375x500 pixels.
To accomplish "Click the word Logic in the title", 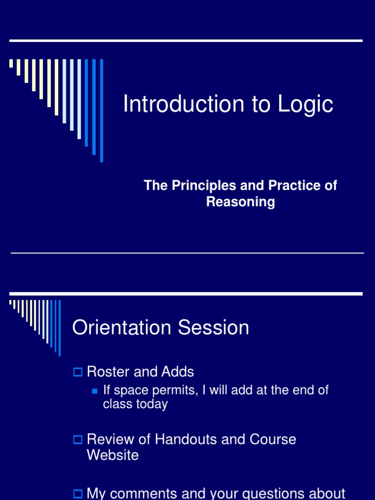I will pyautogui.click(x=306, y=105).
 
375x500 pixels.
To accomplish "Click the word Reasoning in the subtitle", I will pyautogui.click(x=240, y=202).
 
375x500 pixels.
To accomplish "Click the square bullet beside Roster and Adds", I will pyautogui.click(x=77, y=373).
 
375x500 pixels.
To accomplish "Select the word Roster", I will pyautogui.click(x=108, y=372).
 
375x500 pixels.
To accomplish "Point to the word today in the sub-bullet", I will pyautogui.click(x=152, y=404).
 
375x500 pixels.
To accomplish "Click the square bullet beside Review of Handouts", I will pyautogui.click(x=77, y=440).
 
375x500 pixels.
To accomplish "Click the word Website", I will pyautogui.click(x=113, y=456).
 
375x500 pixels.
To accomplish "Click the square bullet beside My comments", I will pyautogui.click(x=77, y=494).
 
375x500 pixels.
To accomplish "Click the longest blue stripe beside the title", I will pyautogui.click(x=102, y=110).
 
